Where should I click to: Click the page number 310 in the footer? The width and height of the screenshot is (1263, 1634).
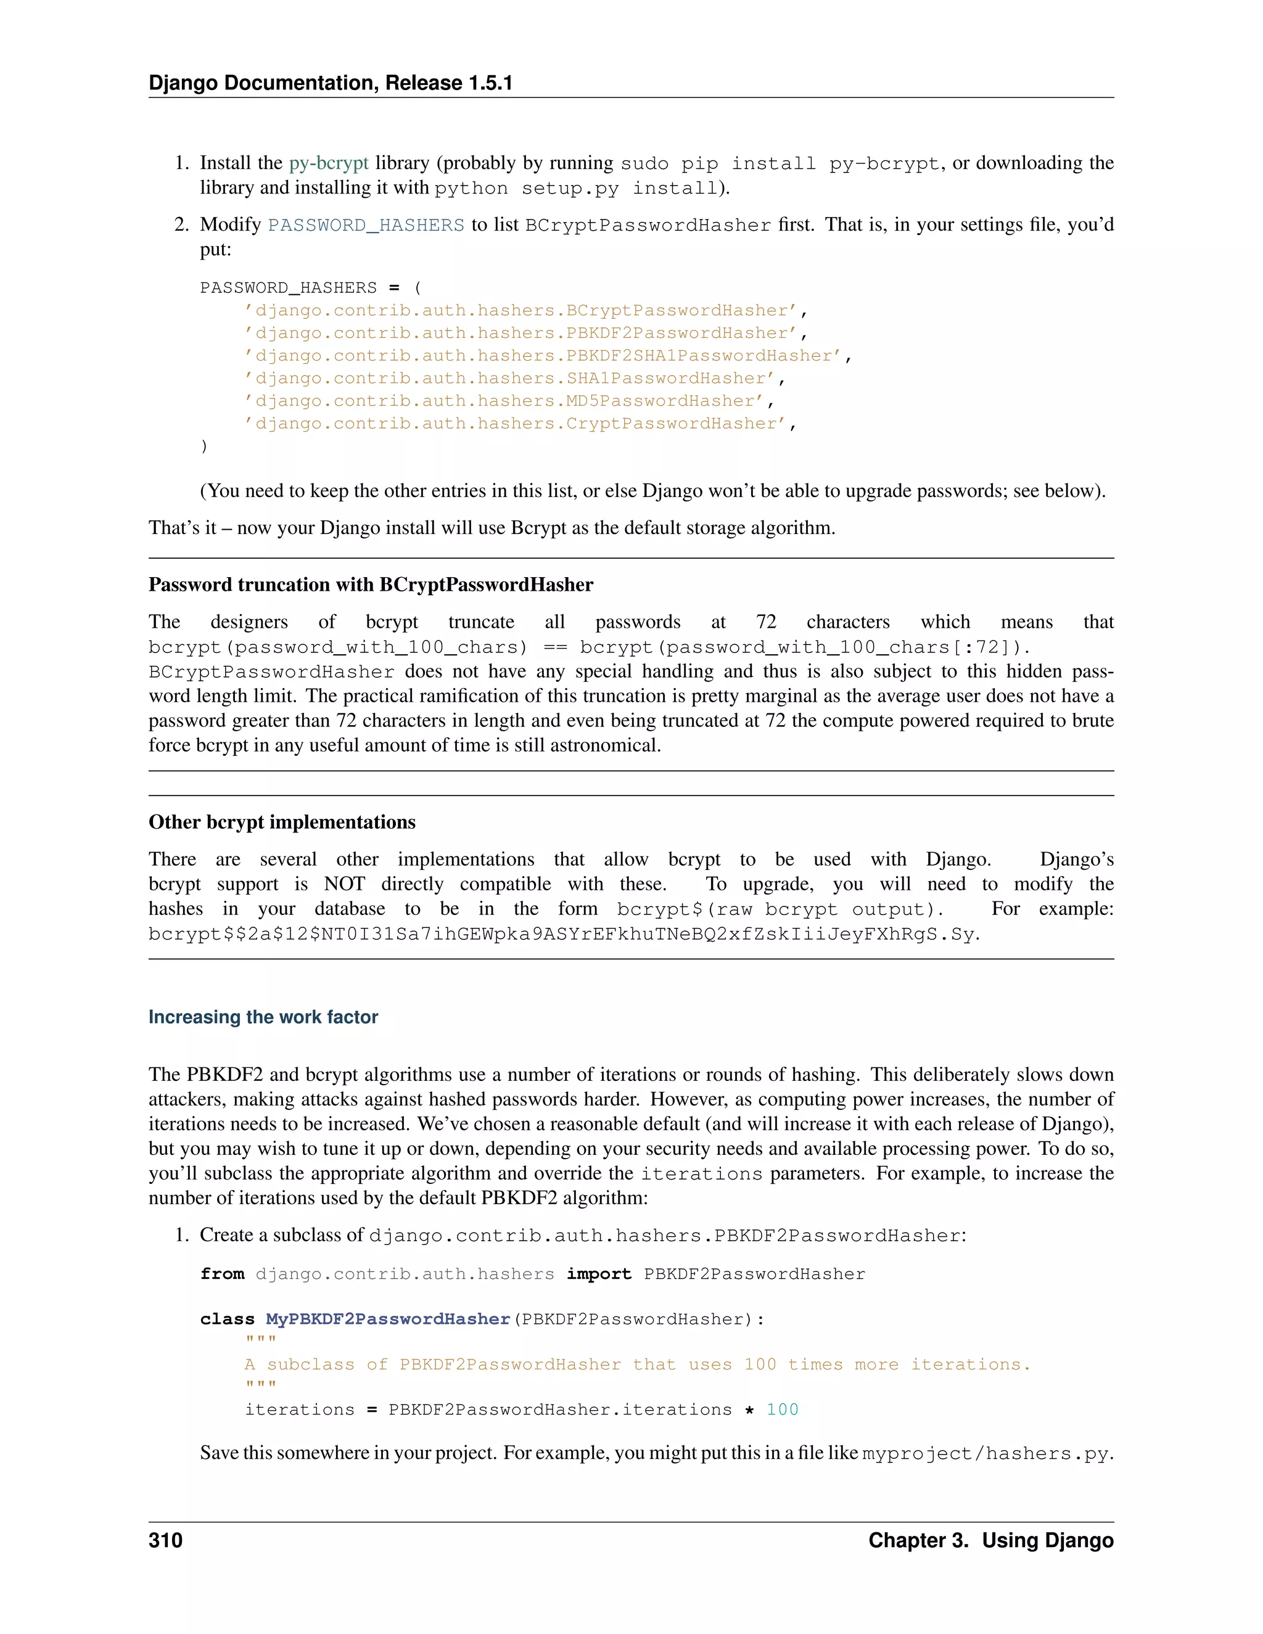(165, 1540)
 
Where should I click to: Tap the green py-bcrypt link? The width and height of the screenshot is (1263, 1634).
(329, 163)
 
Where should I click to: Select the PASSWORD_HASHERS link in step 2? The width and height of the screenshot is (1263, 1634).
(366, 225)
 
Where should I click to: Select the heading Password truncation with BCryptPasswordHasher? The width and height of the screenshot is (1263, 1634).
(371, 585)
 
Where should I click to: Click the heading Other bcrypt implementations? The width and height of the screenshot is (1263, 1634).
(281, 822)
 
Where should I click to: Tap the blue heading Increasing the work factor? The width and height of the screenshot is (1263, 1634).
(263, 1017)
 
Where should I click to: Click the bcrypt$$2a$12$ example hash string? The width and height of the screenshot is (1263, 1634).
(562, 934)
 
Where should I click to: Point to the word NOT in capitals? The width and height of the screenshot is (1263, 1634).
(344, 884)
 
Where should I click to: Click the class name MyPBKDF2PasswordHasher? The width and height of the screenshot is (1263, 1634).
(387, 1319)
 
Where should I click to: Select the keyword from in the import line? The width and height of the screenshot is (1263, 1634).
(222, 1274)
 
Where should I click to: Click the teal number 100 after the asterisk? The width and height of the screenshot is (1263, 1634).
(782, 1410)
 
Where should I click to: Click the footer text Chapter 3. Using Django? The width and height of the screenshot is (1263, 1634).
(990, 1540)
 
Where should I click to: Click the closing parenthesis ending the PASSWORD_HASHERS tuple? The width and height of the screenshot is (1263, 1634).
(204, 446)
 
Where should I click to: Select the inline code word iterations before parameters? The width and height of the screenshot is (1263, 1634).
(701, 1174)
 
